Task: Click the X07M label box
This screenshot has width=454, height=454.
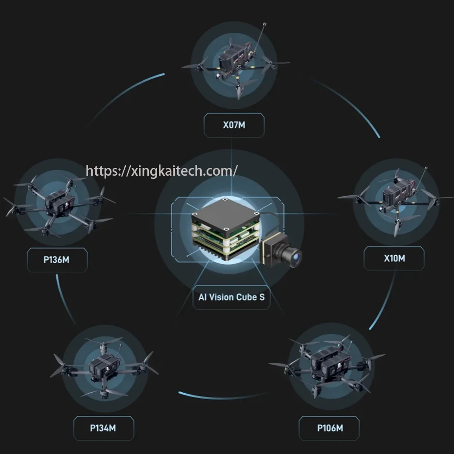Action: point(234,125)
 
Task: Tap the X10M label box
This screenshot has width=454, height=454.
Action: point(394,258)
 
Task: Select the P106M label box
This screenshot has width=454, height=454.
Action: point(329,428)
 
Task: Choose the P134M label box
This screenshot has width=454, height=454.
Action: point(104,428)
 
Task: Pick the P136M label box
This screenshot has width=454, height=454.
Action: point(57,260)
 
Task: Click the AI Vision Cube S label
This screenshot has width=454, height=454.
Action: point(231,297)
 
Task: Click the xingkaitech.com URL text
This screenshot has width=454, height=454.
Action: point(162,171)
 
